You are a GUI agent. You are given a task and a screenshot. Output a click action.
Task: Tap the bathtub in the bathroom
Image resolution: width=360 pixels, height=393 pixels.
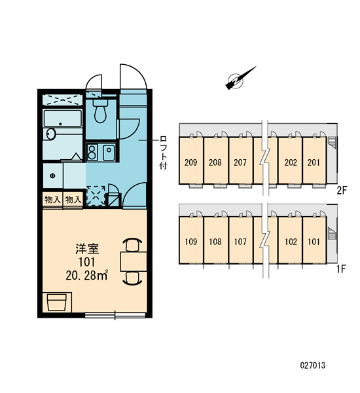click(63, 118)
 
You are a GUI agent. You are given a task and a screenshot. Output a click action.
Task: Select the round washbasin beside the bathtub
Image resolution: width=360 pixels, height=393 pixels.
click(51, 134)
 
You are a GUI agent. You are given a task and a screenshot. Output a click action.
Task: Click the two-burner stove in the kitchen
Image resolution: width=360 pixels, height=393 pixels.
click(92, 152)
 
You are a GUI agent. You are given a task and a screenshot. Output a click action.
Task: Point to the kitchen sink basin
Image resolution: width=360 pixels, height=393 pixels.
click(109, 152)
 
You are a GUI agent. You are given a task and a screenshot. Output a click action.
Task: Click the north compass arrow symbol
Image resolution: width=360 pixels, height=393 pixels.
click(240, 78)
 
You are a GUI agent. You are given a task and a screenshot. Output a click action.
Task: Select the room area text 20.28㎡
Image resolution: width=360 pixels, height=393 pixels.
click(86, 275)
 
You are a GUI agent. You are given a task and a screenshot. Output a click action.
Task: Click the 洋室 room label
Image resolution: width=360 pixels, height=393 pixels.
click(87, 248)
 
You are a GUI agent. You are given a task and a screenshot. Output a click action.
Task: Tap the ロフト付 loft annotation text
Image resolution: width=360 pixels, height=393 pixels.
click(164, 153)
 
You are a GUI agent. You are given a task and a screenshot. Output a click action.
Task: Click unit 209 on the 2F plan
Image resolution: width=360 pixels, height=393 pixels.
click(191, 162)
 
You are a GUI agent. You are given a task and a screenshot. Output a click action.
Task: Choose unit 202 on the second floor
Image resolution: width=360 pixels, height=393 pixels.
click(291, 162)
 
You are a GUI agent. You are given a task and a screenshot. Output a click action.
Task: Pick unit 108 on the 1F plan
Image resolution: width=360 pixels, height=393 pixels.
click(215, 242)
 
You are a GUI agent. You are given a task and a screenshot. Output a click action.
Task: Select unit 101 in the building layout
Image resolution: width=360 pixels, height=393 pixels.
click(314, 242)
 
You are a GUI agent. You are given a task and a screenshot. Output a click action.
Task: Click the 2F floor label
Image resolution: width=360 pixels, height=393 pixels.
click(342, 191)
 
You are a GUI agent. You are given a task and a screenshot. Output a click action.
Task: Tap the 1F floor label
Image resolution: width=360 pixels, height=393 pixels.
click(341, 269)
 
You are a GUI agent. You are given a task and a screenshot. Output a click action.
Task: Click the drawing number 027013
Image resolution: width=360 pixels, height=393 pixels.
click(313, 365)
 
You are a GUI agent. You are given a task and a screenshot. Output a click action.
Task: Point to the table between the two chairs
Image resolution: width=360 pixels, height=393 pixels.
click(134, 261)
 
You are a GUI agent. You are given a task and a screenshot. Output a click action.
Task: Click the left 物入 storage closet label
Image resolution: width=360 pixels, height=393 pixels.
click(52, 200)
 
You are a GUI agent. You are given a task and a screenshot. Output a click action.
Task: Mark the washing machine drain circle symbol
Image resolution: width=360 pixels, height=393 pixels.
click(52, 176)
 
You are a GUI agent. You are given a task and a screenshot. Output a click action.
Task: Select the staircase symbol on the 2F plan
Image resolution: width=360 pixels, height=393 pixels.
click(331, 142)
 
